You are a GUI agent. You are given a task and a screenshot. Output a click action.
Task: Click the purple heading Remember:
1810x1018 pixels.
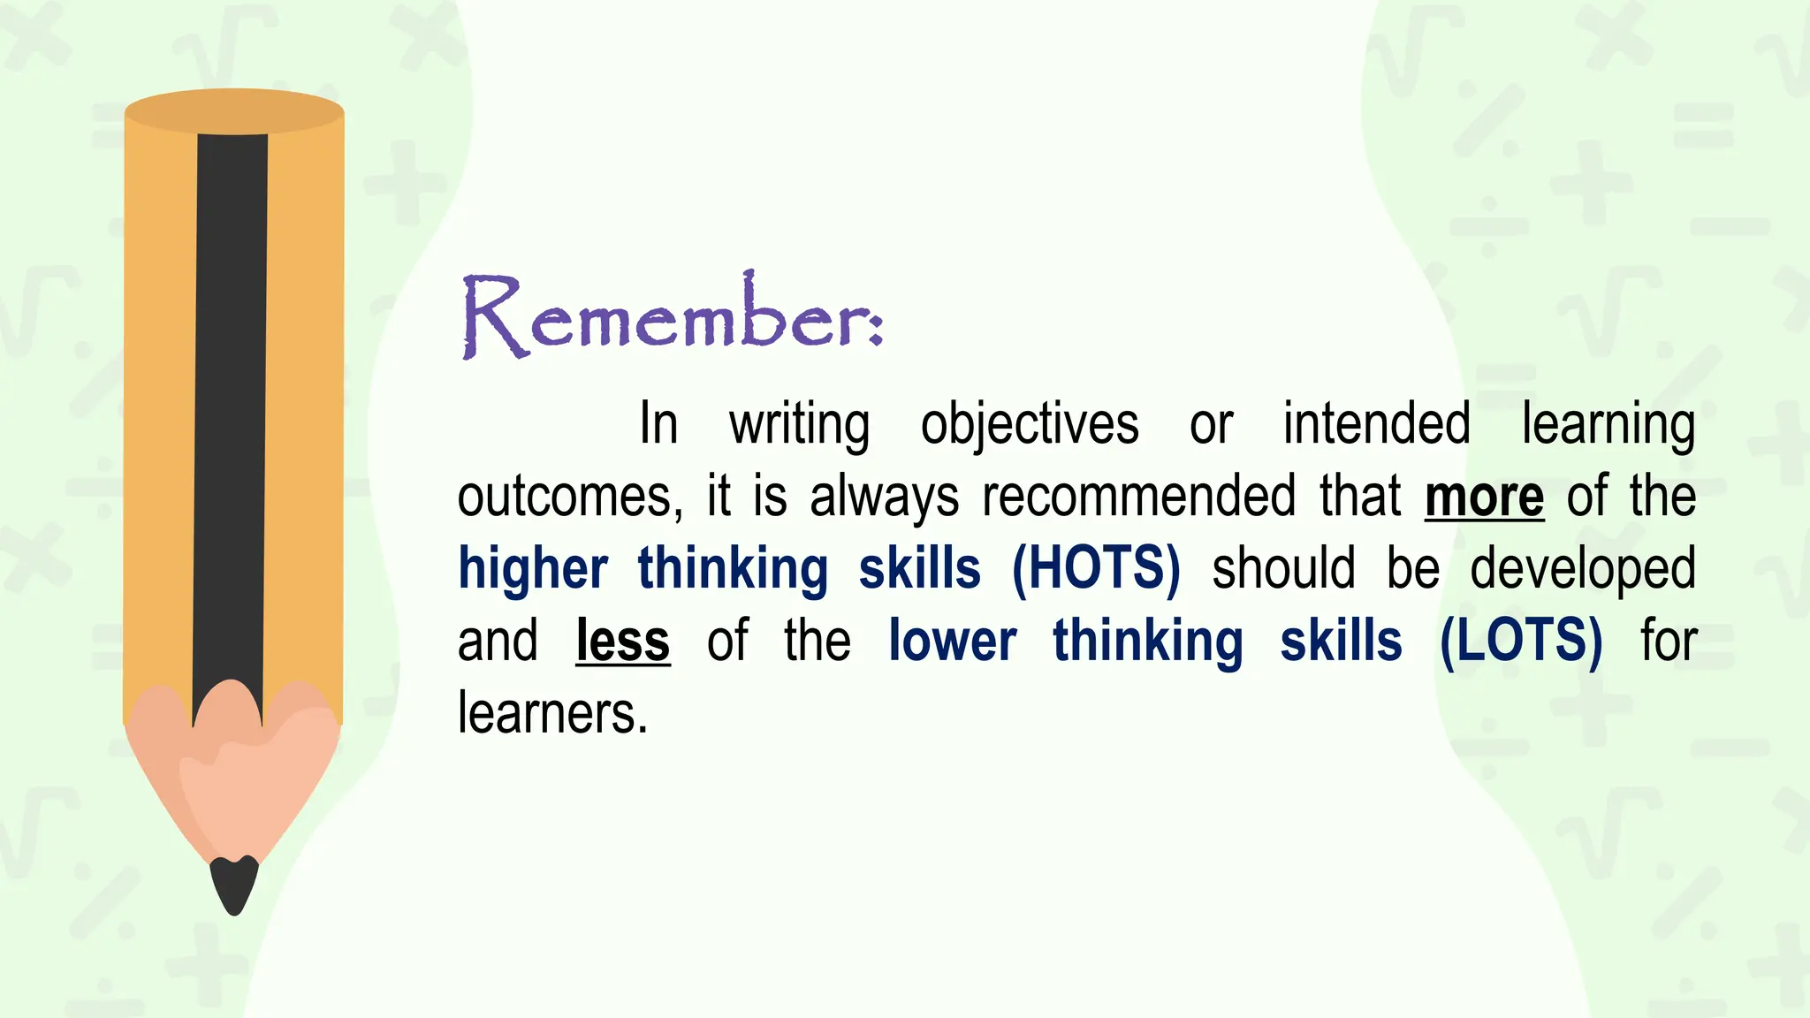672,316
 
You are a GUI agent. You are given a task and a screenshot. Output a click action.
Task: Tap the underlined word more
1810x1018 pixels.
1484,497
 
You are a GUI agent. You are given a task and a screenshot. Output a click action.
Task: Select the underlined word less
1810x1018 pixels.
622,641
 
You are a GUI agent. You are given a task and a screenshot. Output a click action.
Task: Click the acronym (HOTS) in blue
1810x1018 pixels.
1096,568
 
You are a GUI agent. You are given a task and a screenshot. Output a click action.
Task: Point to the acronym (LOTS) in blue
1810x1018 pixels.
1521,641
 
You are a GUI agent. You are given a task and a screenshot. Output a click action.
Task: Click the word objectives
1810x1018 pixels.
1030,425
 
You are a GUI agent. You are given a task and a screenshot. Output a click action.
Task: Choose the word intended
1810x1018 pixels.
1376,423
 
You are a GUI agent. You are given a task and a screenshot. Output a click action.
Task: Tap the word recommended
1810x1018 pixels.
1139,496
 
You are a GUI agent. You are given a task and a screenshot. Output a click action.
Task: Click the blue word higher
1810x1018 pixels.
533,568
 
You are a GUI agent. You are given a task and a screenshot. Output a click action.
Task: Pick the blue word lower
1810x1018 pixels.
952,641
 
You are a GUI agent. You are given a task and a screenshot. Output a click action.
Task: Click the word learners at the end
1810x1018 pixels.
552,713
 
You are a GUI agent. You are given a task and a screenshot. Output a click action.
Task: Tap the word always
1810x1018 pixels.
884,498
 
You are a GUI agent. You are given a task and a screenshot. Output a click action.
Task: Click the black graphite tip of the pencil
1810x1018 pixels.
234,884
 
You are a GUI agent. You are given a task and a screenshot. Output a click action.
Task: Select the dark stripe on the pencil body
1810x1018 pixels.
231,398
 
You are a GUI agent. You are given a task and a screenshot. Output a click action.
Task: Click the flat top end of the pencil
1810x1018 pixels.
233,111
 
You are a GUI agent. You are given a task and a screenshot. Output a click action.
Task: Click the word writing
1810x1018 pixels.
799,425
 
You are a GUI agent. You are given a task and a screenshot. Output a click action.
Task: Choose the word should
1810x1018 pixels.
1282,568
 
